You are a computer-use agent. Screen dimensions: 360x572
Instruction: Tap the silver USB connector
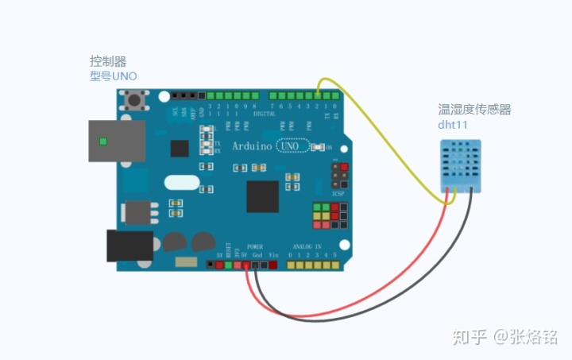[x=116, y=141]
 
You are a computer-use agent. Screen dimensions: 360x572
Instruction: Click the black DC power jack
[x=129, y=246]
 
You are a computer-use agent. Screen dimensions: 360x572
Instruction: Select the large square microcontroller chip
[x=262, y=196]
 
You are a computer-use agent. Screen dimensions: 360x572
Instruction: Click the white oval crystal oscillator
[x=182, y=181]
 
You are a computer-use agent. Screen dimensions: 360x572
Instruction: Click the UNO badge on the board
[x=291, y=146]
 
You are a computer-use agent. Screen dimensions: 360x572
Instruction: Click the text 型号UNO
[x=113, y=76]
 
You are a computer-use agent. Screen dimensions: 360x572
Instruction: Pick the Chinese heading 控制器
[x=108, y=60]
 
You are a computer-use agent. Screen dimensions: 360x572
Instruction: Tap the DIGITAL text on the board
[x=264, y=114]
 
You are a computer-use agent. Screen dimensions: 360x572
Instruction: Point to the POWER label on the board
[x=254, y=247]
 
